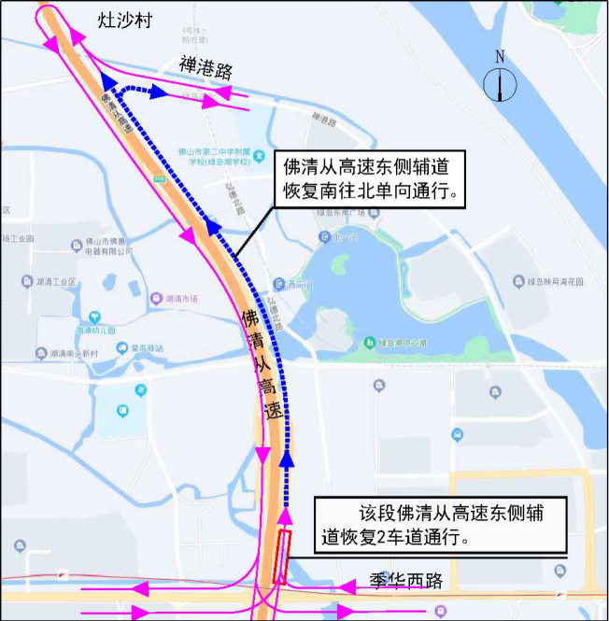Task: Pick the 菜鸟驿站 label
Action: (146, 348)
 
